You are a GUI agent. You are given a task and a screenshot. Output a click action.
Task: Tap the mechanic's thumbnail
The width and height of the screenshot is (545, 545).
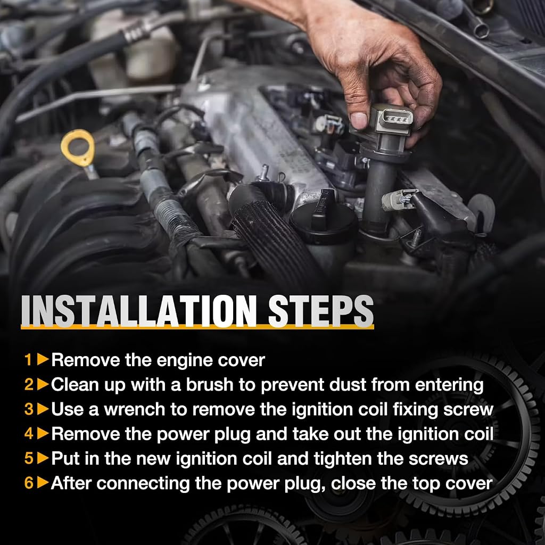click(358, 120)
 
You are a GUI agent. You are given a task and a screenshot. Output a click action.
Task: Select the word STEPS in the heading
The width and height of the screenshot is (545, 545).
click(320, 311)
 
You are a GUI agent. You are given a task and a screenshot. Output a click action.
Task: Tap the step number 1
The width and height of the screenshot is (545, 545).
click(28, 360)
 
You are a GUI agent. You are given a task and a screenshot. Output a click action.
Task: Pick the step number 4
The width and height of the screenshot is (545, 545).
click(29, 433)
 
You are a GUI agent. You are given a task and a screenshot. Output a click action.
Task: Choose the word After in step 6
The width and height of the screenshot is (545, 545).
click(71, 483)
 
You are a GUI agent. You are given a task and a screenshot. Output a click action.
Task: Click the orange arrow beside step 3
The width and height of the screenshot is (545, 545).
click(43, 409)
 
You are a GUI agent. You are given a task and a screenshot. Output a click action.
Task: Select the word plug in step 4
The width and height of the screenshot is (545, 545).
click(232, 434)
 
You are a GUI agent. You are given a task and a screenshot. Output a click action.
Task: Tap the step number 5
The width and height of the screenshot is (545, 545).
click(29, 458)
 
